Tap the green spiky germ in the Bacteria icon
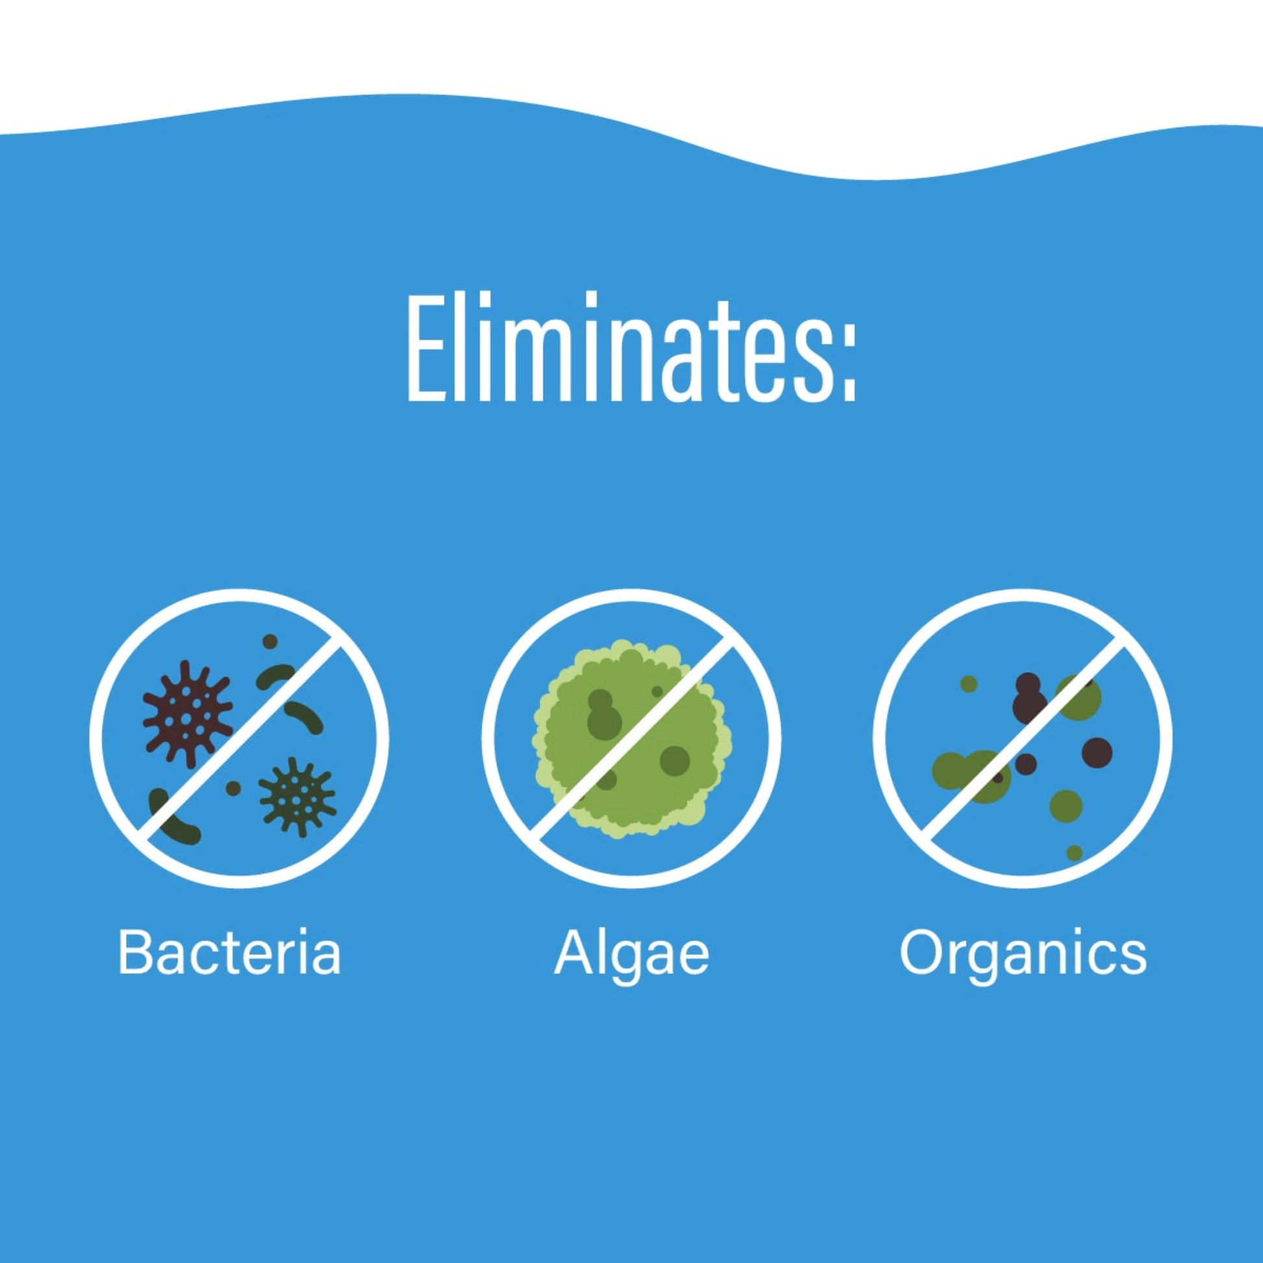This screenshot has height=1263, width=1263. point(297,797)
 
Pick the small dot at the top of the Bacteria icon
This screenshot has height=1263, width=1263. point(270,641)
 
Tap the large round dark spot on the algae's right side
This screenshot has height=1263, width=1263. point(674,759)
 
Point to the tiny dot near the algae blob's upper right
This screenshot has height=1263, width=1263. point(657,692)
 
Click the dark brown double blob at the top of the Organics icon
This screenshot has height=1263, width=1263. point(1028,698)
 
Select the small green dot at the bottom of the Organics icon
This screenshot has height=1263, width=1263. point(1074,852)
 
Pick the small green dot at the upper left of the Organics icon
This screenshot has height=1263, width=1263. point(969,685)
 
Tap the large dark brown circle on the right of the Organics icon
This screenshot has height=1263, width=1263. point(1097,752)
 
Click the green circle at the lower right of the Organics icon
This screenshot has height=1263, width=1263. point(1066,805)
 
